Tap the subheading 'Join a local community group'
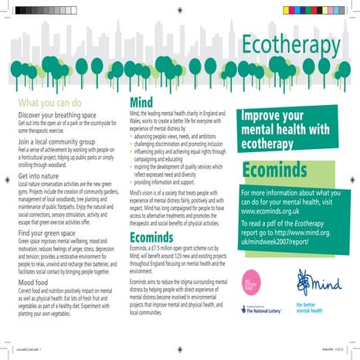[59, 142]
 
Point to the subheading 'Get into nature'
[39, 176]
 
